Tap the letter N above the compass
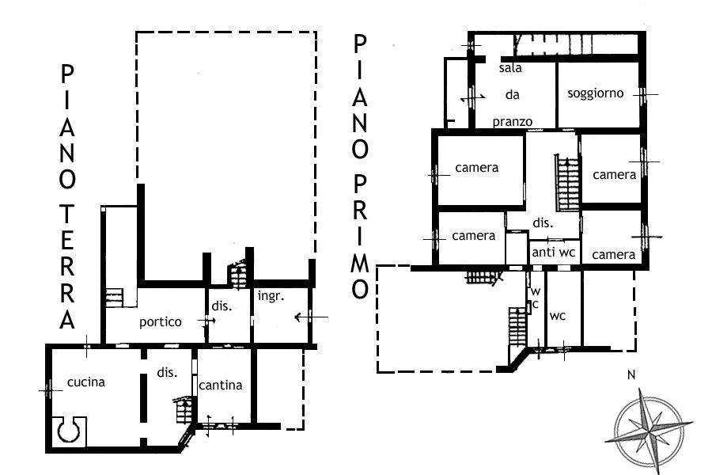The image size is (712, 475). point(631,375)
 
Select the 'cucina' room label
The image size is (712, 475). point(85,382)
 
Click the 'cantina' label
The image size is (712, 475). point(220,386)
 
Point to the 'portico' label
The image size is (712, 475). point(161,322)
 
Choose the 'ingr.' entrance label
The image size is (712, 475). point(271,296)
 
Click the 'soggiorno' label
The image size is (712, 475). point(595,93)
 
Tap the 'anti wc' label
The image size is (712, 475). point(554,253)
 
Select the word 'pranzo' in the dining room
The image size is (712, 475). point(512,122)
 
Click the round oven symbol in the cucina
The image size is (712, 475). point(69,431)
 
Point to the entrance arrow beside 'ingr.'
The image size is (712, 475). point(311,317)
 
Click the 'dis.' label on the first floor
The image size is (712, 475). point(543,223)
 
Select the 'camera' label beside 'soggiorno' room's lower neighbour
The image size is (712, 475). point(615,175)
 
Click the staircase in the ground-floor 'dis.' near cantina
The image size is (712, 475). point(184,410)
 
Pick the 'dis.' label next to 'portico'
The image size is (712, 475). point(222,306)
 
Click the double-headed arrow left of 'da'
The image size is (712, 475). point(473,97)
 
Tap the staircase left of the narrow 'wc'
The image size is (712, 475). point(517,327)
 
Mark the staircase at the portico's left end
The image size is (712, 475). point(115,298)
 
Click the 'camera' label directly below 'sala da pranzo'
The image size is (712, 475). point(477,168)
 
